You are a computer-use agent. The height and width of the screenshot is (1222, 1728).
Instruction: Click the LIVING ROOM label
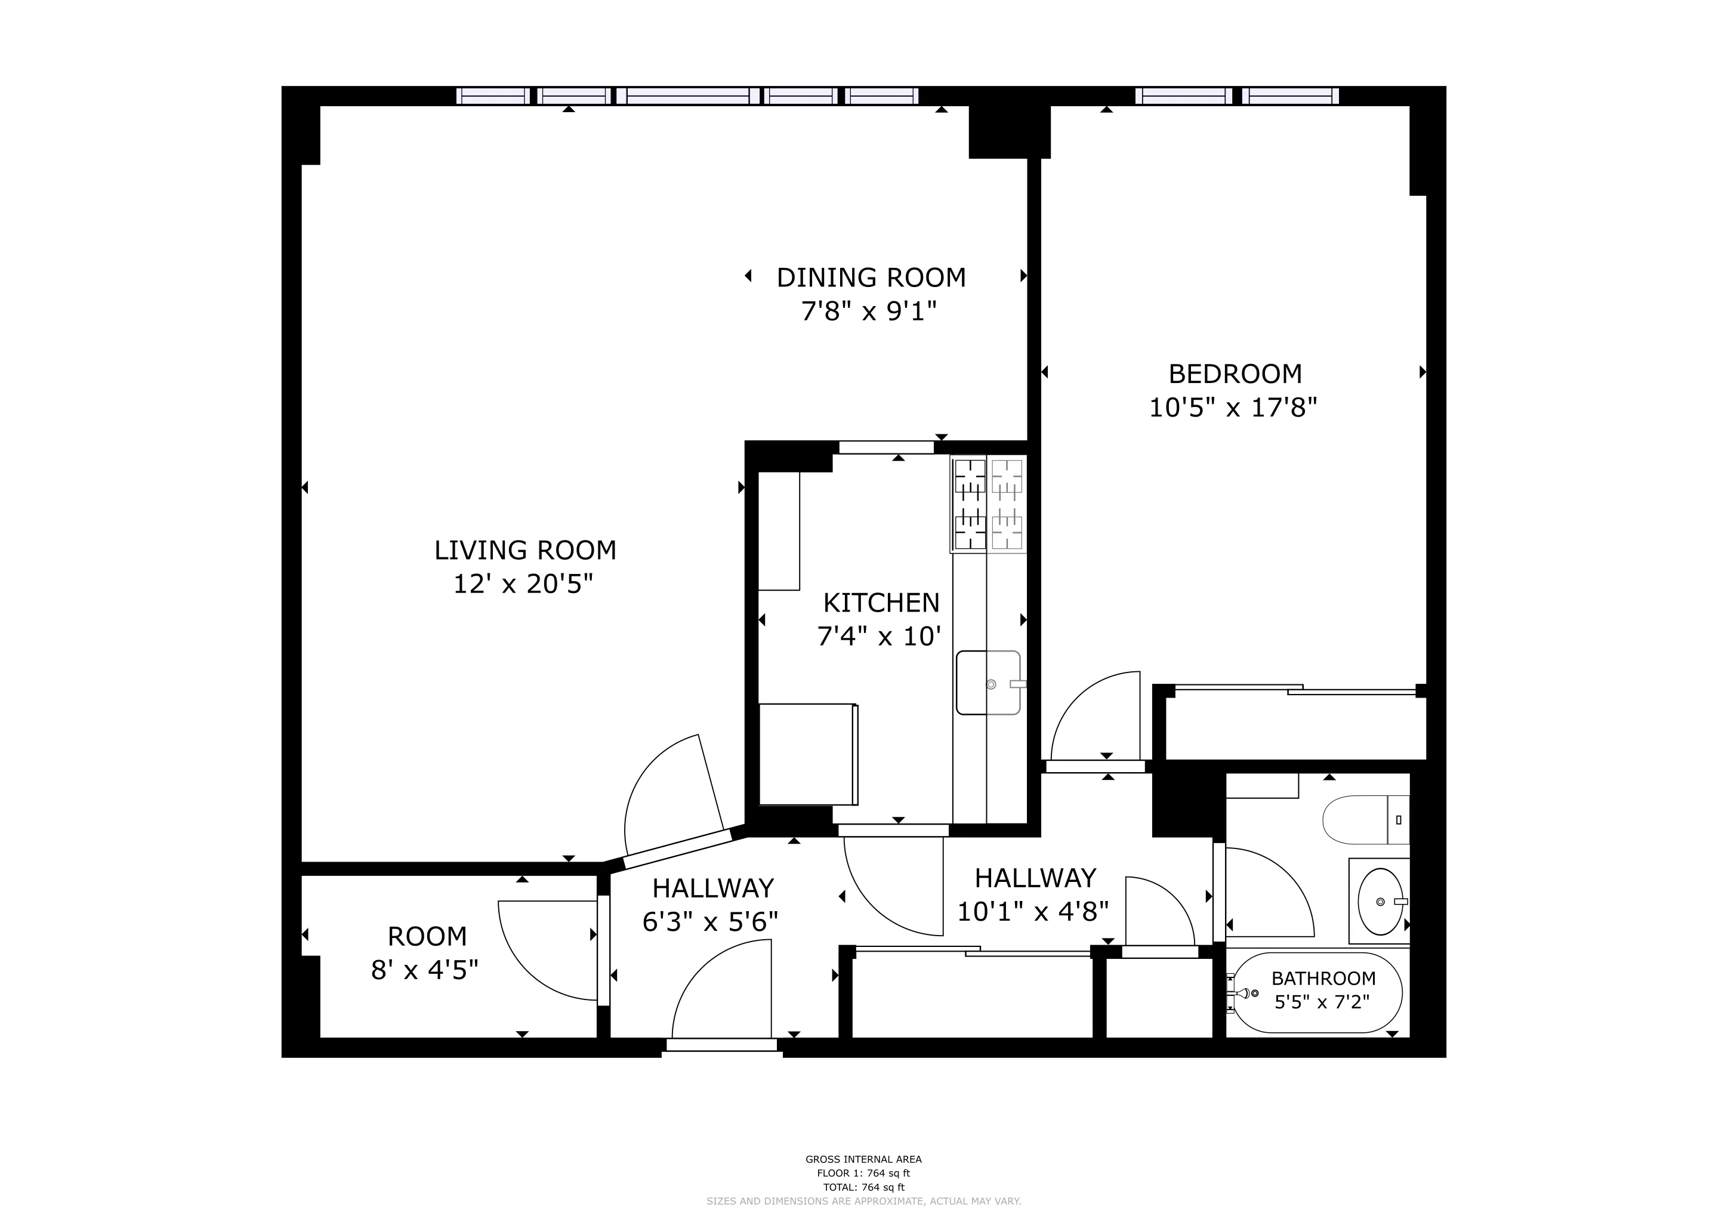click(524, 551)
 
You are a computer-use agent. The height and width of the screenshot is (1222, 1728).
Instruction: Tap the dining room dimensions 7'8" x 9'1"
click(869, 311)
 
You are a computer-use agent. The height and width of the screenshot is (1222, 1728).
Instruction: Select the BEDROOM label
click(1235, 374)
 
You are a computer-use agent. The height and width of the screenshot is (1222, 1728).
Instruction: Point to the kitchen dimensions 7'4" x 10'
click(879, 637)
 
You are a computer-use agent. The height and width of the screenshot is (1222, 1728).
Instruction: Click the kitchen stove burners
click(988, 504)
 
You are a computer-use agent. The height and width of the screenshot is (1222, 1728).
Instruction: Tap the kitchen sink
click(988, 683)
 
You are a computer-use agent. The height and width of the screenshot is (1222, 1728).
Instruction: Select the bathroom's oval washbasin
click(1380, 902)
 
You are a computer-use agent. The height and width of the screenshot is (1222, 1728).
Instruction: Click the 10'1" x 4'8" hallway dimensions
click(1033, 912)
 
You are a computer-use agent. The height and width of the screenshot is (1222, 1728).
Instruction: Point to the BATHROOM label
click(1323, 978)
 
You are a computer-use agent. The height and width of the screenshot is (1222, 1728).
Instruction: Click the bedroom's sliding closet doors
click(1294, 689)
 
